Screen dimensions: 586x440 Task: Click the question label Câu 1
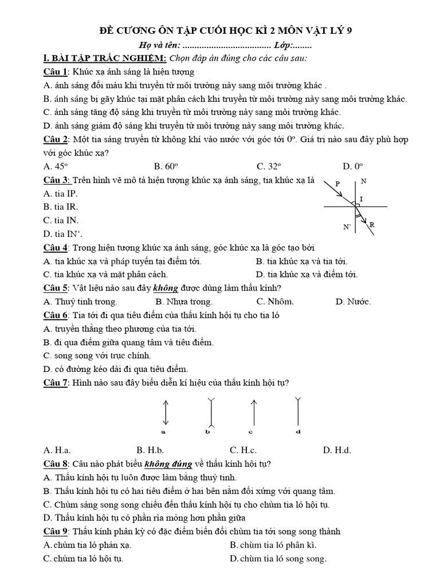[x=56, y=72]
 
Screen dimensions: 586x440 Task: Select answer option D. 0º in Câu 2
[x=353, y=167]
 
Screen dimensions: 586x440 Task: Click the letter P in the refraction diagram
[x=337, y=184]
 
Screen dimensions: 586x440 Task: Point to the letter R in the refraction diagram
[x=372, y=225]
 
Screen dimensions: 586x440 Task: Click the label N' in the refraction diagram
[x=347, y=227]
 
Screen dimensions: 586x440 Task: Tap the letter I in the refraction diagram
[x=361, y=199]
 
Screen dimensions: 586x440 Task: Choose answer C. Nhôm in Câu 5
[x=275, y=302]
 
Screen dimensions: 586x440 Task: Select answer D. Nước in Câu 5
[x=353, y=302]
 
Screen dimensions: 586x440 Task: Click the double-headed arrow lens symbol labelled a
[x=166, y=411]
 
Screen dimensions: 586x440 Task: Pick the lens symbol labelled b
[x=211, y=412]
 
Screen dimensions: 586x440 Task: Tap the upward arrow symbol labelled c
[x=253, y=411]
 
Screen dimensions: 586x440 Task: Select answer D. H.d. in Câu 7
[x=337, y=450]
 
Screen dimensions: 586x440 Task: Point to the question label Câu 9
[x=56, y=532]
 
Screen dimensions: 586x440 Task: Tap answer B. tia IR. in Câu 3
[x=61, y=207]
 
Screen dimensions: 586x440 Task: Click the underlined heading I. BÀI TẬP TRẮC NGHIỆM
[x=105, y=58]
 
